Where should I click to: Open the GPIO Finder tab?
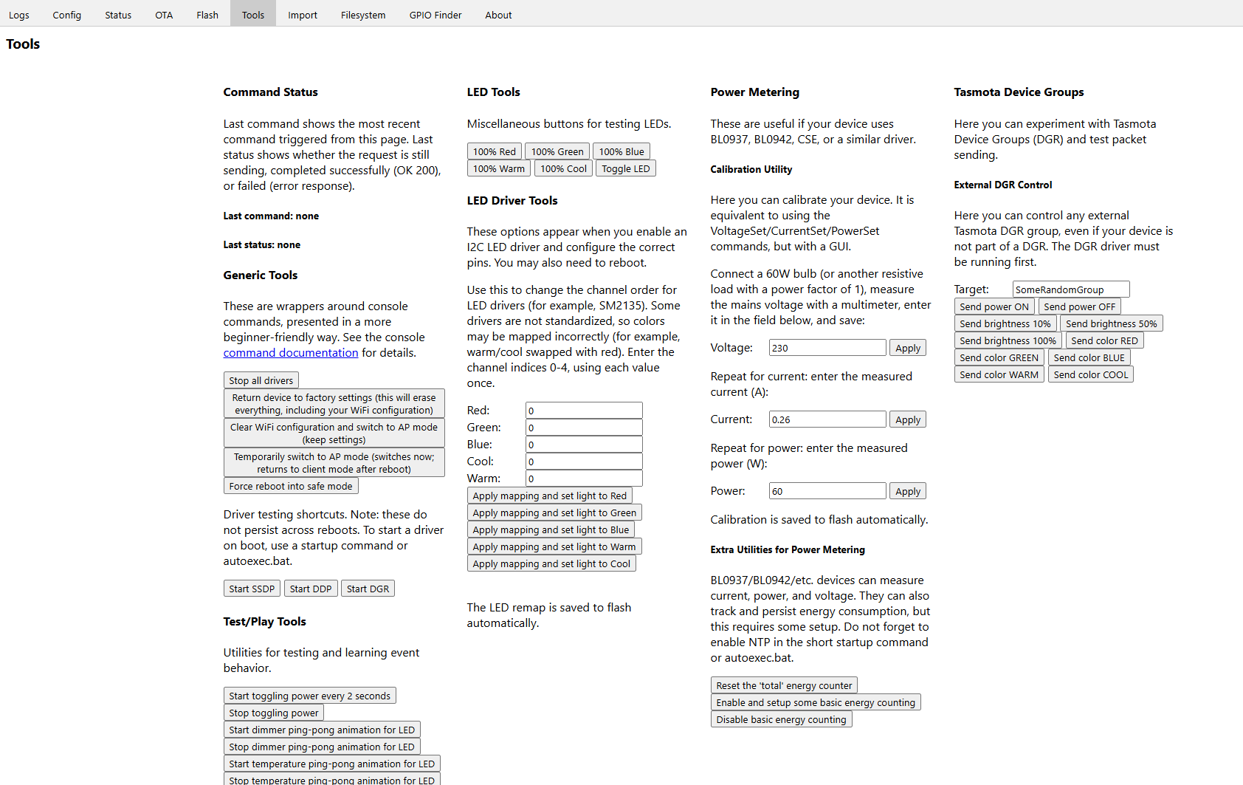(435, 15)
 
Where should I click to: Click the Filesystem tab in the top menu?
(362, 15)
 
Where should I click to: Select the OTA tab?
(164, 15)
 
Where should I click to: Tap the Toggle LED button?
(625, 169)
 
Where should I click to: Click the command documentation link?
(290, 353)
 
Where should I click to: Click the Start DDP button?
(310, 589)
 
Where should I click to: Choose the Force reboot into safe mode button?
(290, 486)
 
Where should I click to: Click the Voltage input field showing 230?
(827, 348)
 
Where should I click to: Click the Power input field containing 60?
(827, 491)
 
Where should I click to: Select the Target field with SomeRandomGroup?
(1070, 289)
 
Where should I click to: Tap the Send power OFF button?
(1079, 306)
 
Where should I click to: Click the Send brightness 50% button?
(1111, 323)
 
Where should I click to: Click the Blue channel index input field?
(583, 445)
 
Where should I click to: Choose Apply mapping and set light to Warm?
(554, 546)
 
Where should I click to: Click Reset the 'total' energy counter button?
(783, 685)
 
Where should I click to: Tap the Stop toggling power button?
(273, 713)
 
